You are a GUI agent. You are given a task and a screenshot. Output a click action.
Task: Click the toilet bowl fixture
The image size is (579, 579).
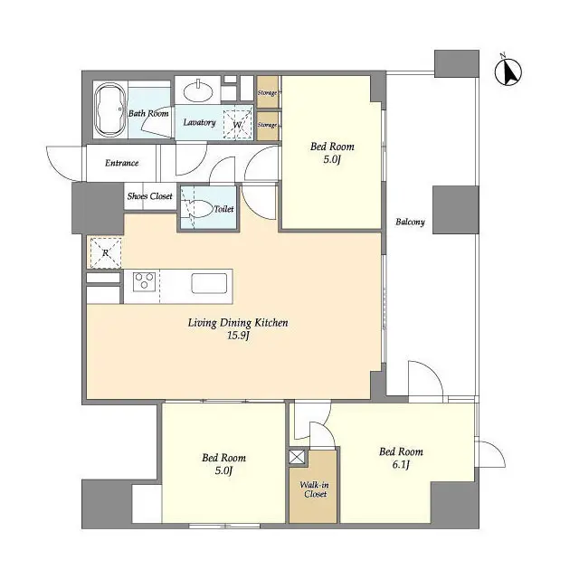(x=195, y=206)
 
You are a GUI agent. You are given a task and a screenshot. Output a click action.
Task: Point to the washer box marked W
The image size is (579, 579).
(x=237, y=124)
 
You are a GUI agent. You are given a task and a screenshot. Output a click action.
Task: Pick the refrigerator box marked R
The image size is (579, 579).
(x=102, y=252)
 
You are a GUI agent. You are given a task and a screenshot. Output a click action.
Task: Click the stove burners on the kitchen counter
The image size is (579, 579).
(x=145, y=282)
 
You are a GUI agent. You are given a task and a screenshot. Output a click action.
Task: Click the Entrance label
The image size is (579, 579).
(x=121, y=164)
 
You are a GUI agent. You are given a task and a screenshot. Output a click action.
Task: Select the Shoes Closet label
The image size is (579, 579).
(x=149, y=195)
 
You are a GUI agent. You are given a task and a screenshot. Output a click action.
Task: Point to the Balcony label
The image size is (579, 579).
(x=411, y=223)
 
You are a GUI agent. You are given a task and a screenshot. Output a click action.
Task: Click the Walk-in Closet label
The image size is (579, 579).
(x=314, y=489)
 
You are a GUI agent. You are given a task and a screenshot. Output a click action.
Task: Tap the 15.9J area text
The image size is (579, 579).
(x=238, y=337)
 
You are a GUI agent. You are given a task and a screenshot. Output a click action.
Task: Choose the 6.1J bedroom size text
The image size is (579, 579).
(x=401, y=466)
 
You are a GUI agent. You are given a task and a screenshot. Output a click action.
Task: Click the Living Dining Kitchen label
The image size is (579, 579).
(x=238, y=323)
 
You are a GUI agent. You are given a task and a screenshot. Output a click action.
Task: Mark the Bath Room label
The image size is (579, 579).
(x=147, y=114)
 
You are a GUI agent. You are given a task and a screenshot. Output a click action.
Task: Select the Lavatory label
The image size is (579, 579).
(x=199, y=122)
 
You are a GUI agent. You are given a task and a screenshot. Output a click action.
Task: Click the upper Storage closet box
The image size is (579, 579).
(x=268, y=92)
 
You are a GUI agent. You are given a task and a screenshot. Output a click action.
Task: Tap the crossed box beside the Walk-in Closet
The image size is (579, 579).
(x=298, y=458)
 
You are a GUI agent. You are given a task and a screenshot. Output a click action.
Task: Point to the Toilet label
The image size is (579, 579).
(x=223, y=209)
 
